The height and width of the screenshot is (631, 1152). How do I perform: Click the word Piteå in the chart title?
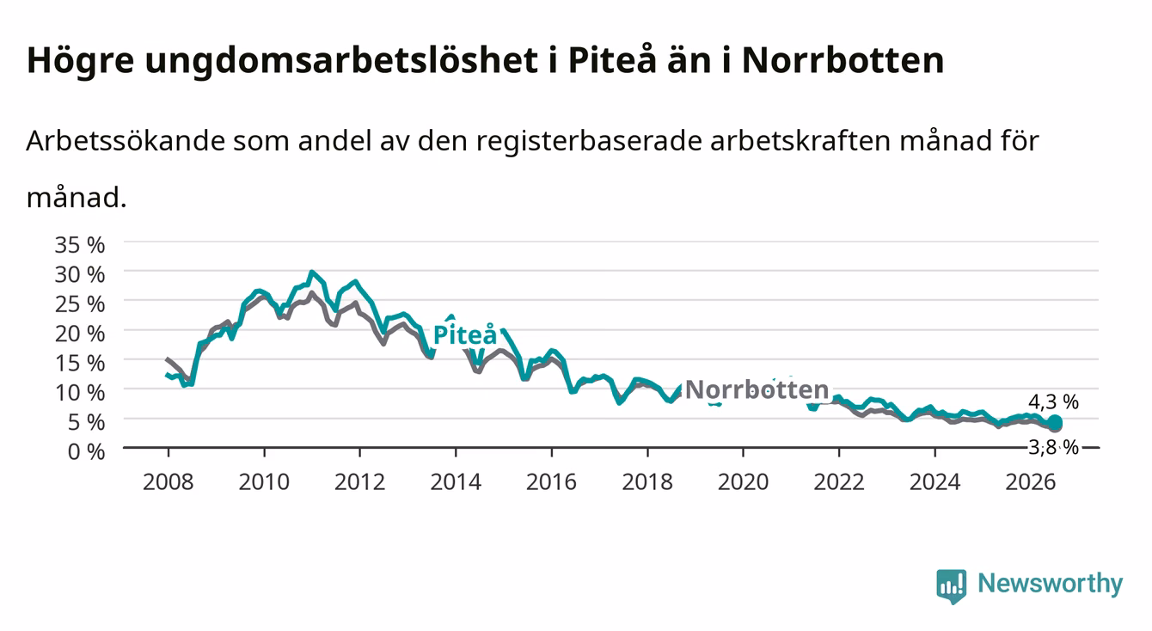[x=612, y=60]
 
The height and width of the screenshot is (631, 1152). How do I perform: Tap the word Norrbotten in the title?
[x=843, y=60]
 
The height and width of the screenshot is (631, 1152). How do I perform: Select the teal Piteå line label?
[x=465, y=334]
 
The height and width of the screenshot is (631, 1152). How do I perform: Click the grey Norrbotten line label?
[x=757, y=389]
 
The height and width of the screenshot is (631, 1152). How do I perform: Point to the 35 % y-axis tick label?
[x=80, y=245]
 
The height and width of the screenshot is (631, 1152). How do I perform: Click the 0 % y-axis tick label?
[x=86, y=451]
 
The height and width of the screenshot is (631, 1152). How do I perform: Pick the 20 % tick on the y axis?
[x=80, y=334]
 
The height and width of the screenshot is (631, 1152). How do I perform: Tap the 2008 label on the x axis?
[x=169, y=482]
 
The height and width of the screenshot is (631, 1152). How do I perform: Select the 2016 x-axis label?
[x=551, y=482]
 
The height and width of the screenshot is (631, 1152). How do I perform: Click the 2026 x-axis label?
[x=1031, y=482]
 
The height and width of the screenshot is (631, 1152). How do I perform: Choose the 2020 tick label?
[x=743, y=482]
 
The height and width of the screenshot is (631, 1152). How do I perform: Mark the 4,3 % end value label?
[x=1054, y=401]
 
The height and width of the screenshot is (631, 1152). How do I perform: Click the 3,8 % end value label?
[x=1054, y=447]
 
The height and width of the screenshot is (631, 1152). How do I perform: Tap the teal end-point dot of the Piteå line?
[x=1055, y=423]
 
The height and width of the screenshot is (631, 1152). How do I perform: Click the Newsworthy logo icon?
[x=952, y=586]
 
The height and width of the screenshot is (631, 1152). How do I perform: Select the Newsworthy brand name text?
[x=1051, y=583]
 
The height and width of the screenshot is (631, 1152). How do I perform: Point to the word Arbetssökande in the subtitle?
[x=126, y=140]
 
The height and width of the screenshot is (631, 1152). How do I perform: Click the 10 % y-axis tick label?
[x=80, y=393]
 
